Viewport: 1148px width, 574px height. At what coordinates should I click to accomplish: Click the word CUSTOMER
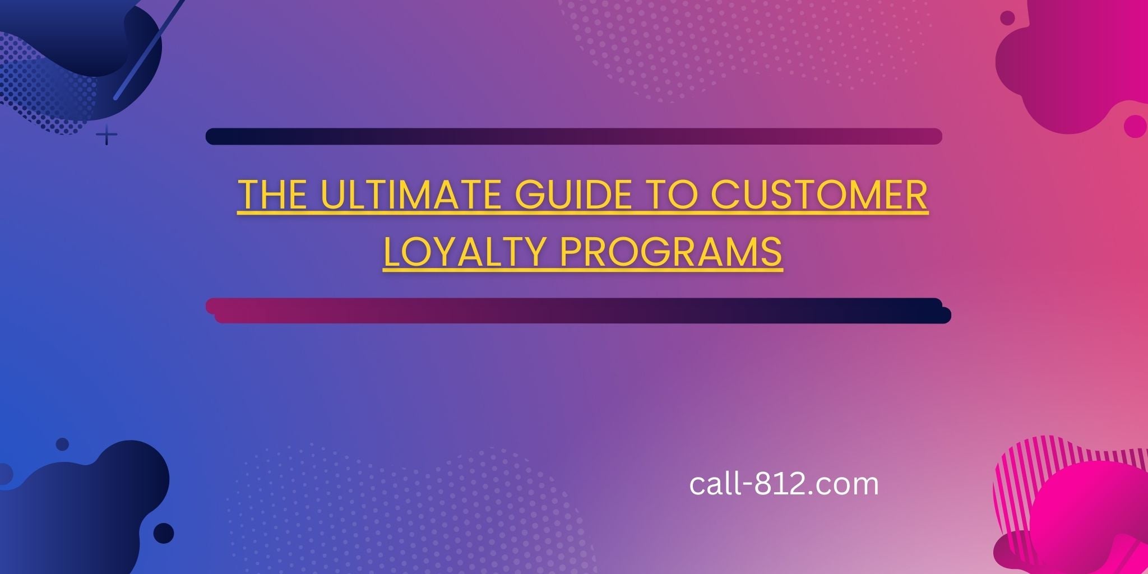click(819, 195)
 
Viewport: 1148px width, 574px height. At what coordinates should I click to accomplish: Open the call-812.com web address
click(784, 484)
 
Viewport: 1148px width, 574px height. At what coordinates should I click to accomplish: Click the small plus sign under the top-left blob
click(107, 136)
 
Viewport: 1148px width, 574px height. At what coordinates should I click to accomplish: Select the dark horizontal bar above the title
click(573, 136)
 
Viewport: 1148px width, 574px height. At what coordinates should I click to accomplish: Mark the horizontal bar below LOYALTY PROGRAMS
click(577, 311)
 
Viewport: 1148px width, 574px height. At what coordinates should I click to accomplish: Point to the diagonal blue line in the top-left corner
click(149, 50)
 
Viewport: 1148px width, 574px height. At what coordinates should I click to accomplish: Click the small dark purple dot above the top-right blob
click(1007, 18)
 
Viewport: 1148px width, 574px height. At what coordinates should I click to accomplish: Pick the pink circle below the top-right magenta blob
click(1135, 126)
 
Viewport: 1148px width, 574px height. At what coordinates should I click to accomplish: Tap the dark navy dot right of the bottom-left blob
click(164, 533)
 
